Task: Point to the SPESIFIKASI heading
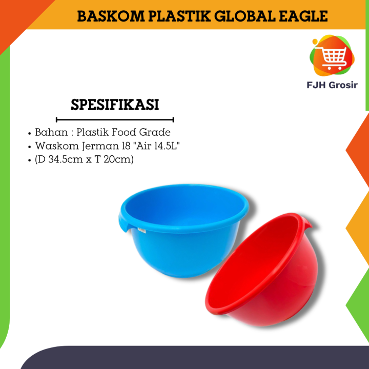pyautogui.click(x=115, y=105)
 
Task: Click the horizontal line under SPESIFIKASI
pyautogui.click(x=115, y=119)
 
